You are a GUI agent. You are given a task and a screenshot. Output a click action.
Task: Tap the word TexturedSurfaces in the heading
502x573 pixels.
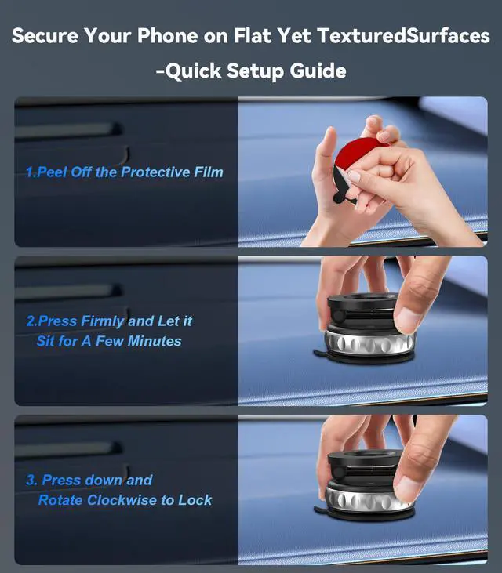[x=403, y=36]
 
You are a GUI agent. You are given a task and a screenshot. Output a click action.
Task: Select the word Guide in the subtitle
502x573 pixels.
[x=318, y=71]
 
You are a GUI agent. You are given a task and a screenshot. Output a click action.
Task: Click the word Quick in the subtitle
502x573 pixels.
[x=192, y=71]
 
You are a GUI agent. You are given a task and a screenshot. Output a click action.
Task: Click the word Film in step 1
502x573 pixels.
[x=209, y=172]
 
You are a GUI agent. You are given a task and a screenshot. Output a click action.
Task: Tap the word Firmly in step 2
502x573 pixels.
[x=103, y=321]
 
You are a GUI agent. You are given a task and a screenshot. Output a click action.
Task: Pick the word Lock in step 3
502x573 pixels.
[x=195, y=500]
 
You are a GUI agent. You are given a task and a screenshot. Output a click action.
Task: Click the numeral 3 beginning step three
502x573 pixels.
[x=31, y=480]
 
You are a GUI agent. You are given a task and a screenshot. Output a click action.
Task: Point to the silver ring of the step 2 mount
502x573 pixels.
[x=369, y=343]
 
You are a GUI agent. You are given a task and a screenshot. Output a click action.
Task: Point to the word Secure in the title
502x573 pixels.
[x=45, y=36]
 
